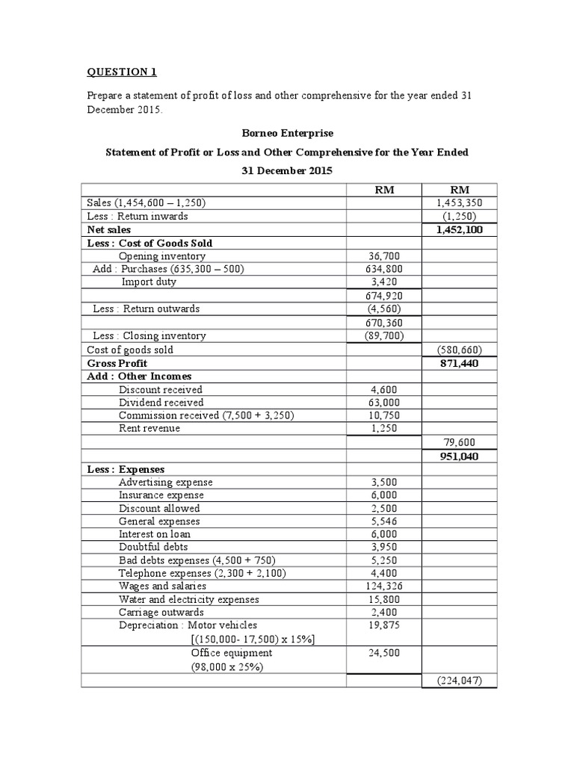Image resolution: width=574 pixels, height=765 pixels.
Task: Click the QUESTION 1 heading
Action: [x=122, y=72]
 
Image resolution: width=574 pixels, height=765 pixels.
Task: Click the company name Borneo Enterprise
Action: [x=286, y=132]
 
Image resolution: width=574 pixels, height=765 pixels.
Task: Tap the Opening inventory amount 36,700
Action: [x=384, y=256]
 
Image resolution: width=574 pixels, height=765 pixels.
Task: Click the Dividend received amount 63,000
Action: [x=384, y=402]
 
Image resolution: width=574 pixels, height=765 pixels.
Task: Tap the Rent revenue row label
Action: [x=149, y=429]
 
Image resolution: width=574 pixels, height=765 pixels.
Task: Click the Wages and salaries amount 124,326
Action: [x=384, y=586]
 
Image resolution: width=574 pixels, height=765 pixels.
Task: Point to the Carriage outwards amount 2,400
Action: [x=384, y=613]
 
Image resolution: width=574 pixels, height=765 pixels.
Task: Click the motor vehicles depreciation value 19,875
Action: [x=384, y=625]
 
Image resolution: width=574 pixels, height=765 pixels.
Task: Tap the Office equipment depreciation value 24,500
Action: [x=384, y=653]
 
